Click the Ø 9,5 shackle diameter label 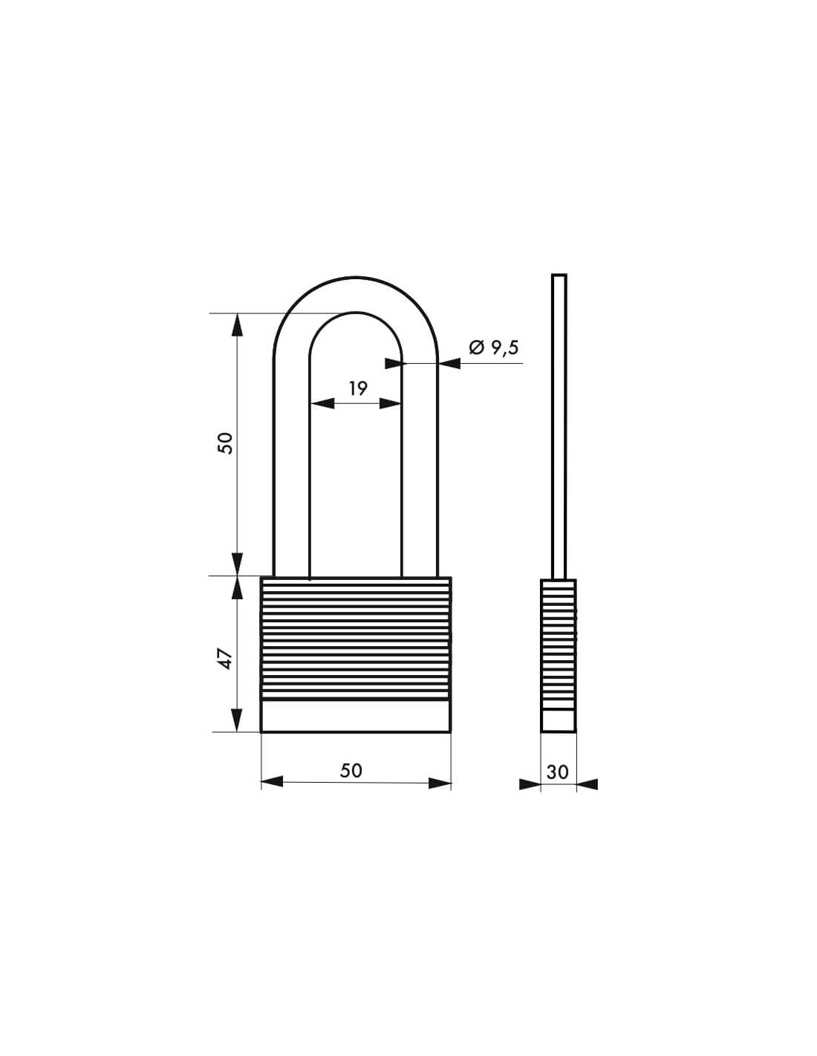click(493, 348)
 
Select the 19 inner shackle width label click(358, 388)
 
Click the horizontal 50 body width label click(351, 770)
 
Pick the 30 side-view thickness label click(557, 772)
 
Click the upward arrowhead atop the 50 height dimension click(238, 325)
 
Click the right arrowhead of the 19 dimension click(391, 403)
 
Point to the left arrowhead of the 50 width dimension click(273, 782)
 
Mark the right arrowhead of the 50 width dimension click(440, 782)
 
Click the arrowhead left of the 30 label click(530, 783)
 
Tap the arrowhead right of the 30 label click(587, 783)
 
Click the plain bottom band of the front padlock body click(356, 717)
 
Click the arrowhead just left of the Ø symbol click(449, 363)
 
